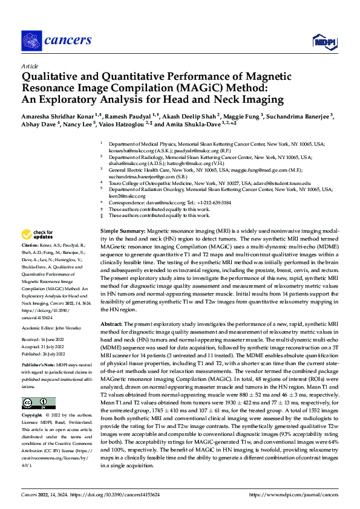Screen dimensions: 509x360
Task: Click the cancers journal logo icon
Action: point(31,40)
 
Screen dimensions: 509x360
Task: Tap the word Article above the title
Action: point(30,66)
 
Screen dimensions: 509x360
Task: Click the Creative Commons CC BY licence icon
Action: point(38,403)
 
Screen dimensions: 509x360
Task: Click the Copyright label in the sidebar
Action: point(33,416)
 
